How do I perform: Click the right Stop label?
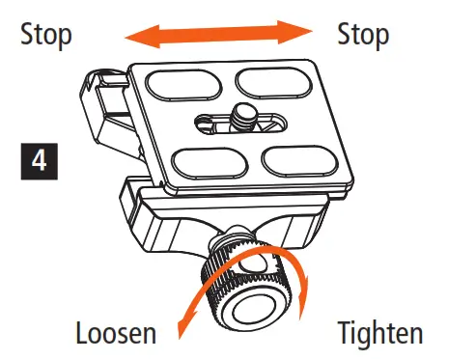pyautogui.click(x=363, y=36)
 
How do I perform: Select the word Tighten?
pyautogui.click(x=379, y=334)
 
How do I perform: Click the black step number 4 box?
pyautogui.click(x=38, y=161)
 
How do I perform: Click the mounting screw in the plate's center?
pyautogui.click(x=244, y=120)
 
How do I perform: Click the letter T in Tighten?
pyautogui.click(x=345, y=334)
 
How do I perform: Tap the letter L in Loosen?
pyautogui.click(x=83, y=334)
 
